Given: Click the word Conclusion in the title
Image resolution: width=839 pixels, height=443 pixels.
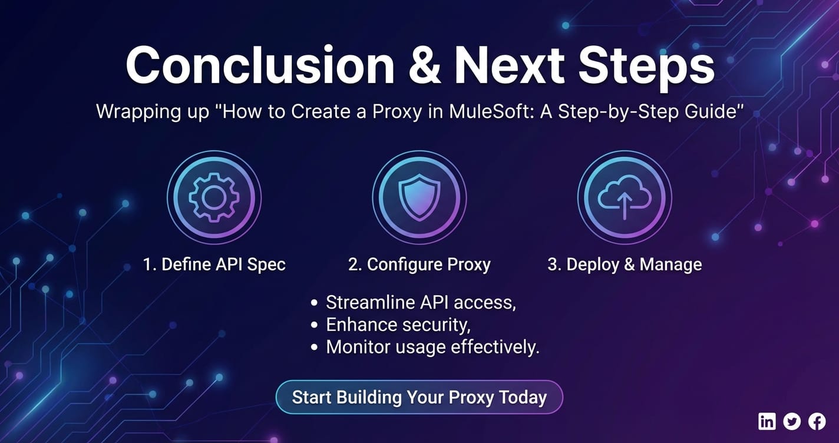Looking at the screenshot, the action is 260,65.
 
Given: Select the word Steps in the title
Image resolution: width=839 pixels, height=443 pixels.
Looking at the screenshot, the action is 646,67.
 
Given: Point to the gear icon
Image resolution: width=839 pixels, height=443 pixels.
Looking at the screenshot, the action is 214,197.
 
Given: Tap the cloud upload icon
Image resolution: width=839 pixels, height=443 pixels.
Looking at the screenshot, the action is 625,197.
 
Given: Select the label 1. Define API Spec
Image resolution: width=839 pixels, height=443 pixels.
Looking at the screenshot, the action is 214,265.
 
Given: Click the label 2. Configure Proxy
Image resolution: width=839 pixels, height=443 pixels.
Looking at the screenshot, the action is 419,265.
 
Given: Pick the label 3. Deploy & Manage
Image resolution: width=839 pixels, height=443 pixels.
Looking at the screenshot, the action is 625,265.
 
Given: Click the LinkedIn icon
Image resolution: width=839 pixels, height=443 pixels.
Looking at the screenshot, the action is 767,422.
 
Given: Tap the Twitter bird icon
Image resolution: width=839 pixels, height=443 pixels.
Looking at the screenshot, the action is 792,422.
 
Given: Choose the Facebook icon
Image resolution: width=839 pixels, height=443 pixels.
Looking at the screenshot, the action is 817,422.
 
